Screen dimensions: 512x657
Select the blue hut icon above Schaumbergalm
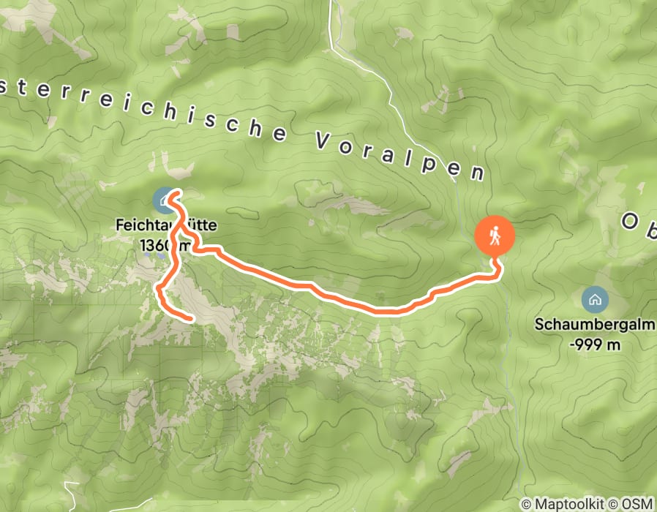pos(593,298)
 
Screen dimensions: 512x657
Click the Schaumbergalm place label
pos(595,325)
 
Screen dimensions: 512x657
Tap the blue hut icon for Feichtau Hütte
pos(162,198)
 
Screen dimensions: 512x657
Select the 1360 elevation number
pos(157,244)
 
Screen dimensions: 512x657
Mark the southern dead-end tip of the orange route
pos(191,320)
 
